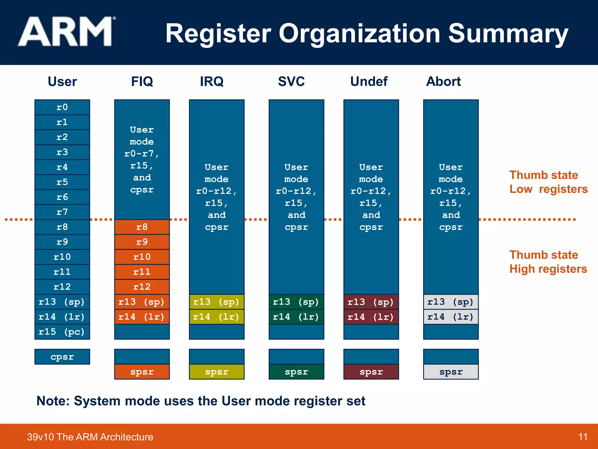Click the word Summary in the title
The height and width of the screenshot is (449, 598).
508,33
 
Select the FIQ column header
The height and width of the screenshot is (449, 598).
142,81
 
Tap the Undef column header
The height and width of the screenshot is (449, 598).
369,81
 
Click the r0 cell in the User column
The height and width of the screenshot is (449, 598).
62,107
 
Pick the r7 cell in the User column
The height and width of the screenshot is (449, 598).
62,212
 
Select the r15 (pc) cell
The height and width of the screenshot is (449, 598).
62,332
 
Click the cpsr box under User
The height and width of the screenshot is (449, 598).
62,357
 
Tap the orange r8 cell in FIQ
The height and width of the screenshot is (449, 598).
142,227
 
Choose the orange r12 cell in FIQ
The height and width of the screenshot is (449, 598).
142,287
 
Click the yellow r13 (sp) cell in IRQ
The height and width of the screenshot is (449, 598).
216,302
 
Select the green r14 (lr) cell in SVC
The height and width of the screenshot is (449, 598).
296,317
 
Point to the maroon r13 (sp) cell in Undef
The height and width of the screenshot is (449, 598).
371,302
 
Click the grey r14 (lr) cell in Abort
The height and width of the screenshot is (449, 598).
451,317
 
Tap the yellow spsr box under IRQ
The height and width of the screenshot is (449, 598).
216,372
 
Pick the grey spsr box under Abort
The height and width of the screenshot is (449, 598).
451,372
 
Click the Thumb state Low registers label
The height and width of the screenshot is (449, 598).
548,182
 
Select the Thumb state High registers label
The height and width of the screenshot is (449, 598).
548,262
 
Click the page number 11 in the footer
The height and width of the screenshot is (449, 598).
583,437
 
